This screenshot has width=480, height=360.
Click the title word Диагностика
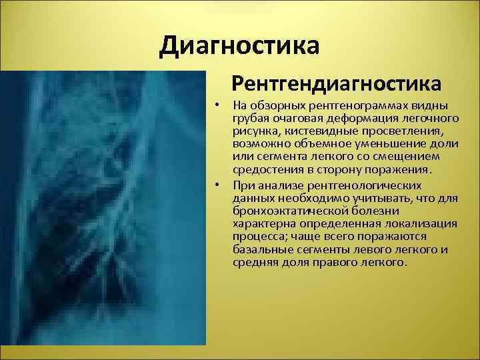pyautogui.click(x=240, y=46)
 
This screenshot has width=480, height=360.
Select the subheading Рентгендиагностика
pyautogui.click(x=336, y=84)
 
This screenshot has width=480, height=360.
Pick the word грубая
pyautogui.click(x=250, y=119)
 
